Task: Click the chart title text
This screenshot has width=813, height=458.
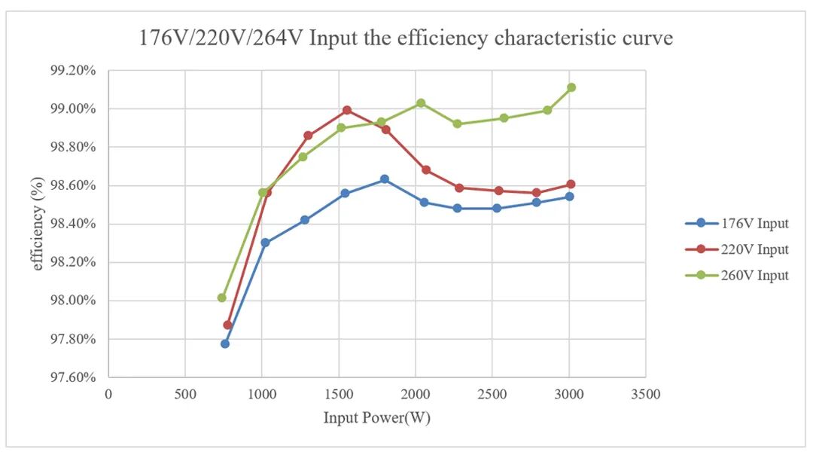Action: [x=406, y=38]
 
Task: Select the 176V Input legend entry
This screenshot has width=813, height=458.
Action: [x=737, y=223]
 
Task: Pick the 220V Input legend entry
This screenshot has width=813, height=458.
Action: [x=737, y=249]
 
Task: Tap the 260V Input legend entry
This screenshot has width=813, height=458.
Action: [x=737, y=275]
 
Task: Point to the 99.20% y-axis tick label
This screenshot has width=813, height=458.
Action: [x=73, y=71]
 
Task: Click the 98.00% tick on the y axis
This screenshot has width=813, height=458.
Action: [x=73, y=301]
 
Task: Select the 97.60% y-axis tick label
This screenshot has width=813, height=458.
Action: [x=73, y=377]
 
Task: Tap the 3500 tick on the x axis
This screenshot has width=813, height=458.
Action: [x=646, y=394]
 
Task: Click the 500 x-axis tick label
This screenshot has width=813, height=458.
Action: [x=185, y=394]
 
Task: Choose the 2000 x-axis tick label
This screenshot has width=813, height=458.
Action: [x=416, y=394]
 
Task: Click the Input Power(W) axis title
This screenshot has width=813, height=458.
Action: [x=377, y=417]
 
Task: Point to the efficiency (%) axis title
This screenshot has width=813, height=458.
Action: [x=37, y=224]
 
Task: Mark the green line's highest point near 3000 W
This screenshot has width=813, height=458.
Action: [x=571, y=87]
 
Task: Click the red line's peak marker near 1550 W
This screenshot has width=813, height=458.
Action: [x=347, y=110]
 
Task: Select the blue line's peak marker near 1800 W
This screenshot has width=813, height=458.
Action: [x=384, y=179]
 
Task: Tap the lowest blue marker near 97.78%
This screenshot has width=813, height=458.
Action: [x=225, y=343]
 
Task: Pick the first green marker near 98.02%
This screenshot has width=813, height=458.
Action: [x=222, y=298]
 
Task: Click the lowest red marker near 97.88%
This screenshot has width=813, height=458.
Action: [x=227, y=325]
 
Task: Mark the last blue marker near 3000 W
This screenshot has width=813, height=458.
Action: [x=569, y=197]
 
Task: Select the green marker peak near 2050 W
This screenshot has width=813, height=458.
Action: [x=421, y=102]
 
